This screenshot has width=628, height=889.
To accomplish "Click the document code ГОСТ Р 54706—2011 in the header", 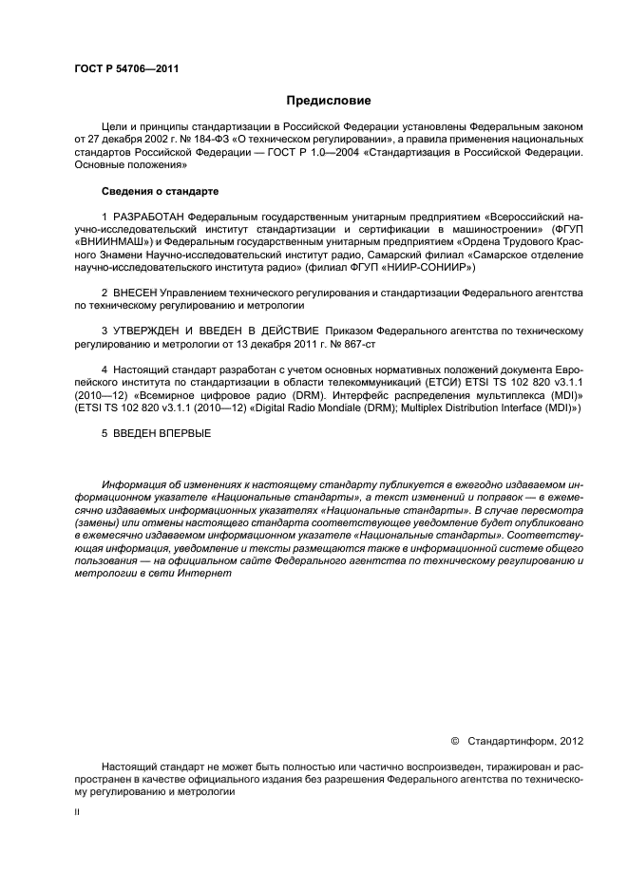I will (x=126, y=68).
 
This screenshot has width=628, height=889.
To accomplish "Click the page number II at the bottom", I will (x=77, y=813).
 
